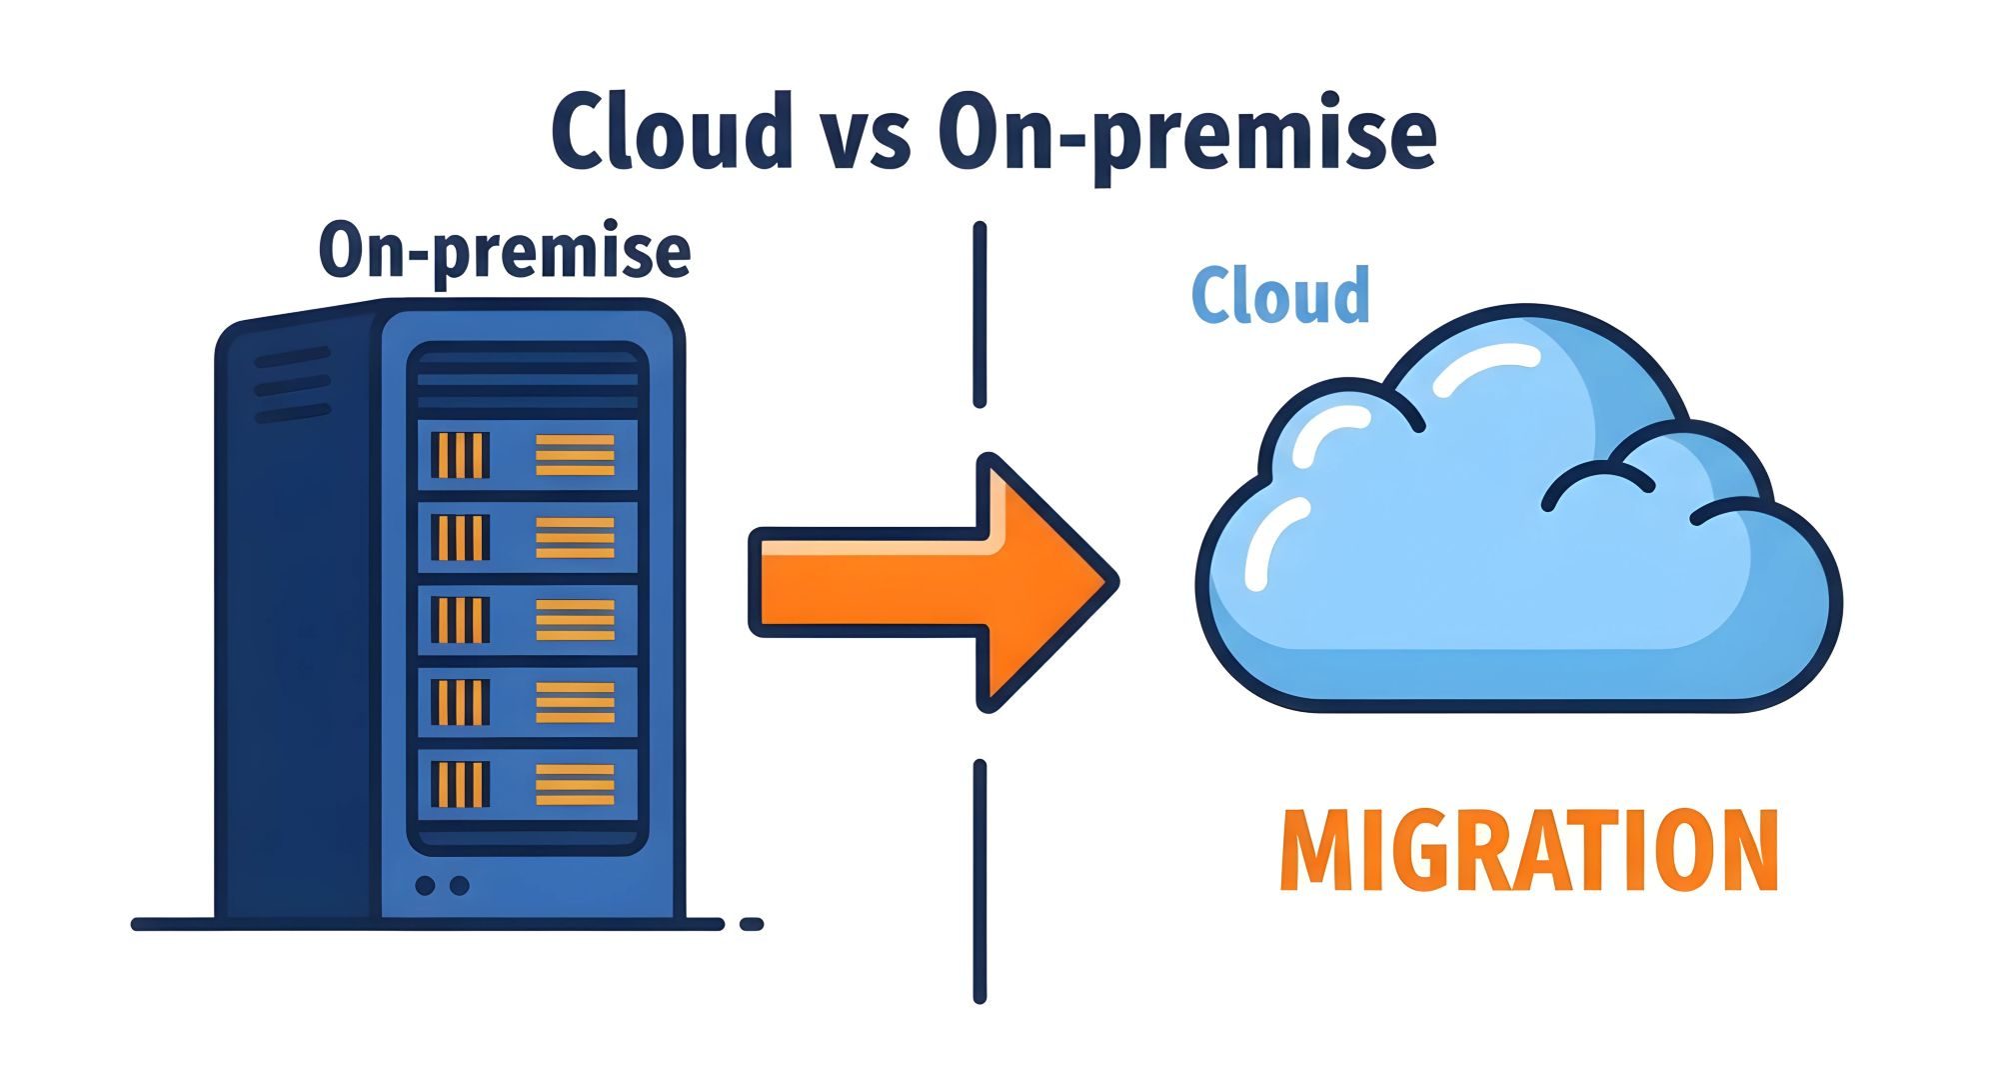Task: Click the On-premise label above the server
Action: [x=505, y=251]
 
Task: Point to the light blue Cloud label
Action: [x=1280, y=295]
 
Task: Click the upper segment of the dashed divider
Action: [x=980, y=315]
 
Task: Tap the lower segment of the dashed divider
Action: [x=980, y=880]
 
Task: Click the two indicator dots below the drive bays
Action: [x=441, y=886]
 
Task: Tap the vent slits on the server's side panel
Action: [x=292, y=385]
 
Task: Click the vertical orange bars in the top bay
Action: [x=460, y=455]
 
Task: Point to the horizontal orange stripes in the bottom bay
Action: [x=575, y=784]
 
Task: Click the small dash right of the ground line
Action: [x=752, y=925]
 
